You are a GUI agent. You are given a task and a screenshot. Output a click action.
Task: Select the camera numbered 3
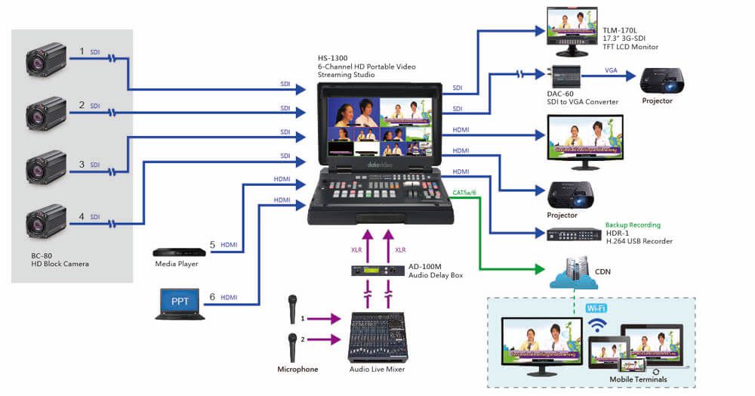tap(47, 168)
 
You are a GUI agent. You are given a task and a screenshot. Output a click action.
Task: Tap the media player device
tap(179, 252)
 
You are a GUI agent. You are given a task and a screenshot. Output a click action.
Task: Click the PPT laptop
tap(180, 303)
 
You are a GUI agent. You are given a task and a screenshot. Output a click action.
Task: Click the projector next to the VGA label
tap(661, 79)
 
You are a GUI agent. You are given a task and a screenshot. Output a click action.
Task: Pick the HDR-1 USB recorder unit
tap(573, 235)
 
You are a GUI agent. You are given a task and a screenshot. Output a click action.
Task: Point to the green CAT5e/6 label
tap(465, 193)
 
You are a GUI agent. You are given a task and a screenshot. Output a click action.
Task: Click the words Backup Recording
tap(633, 225)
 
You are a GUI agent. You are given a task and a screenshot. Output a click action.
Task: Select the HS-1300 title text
tap(333, 58)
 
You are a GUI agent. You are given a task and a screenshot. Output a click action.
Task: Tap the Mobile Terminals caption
tap(639, 379)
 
